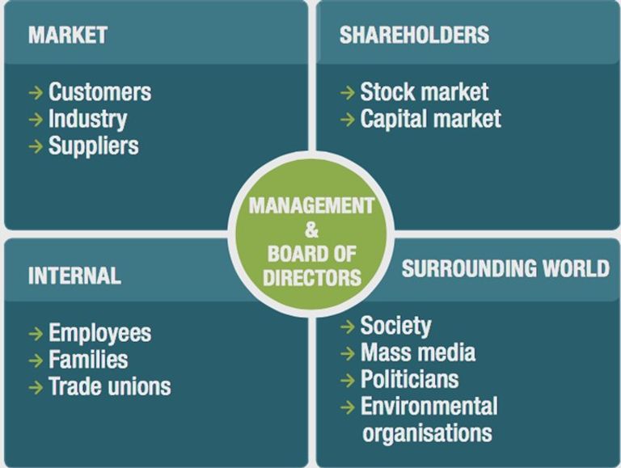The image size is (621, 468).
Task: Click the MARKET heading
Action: tap(68, 35)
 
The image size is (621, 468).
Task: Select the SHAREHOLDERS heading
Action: tap(414, 35)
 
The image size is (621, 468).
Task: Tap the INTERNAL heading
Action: tap(74, 276)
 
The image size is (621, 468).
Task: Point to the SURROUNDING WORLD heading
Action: tap(505, 268)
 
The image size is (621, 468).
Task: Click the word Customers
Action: tap(99, 92)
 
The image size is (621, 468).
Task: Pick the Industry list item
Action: tap(87, 120)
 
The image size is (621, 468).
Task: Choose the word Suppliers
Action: tap(94, 146)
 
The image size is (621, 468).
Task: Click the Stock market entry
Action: tap(425, 92)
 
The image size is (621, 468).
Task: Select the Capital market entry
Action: tap(430, 119)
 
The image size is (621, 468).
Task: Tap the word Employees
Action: tap(99, 333)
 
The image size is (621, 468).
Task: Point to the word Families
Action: tap(88, 360)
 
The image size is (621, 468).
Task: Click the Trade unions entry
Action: tap(110, 386)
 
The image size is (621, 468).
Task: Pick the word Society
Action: tap(395, 327)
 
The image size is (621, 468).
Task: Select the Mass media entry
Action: tap(418, 352)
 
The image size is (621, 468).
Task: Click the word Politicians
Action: tap(409, 379)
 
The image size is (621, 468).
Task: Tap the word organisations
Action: tap(427, 433)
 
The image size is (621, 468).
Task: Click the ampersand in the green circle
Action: tap(311, 230)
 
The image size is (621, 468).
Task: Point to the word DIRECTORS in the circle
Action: tap(312, 277)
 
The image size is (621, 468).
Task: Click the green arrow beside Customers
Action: tap(36, 93)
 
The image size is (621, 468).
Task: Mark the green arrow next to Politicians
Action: tap(348, 380)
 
